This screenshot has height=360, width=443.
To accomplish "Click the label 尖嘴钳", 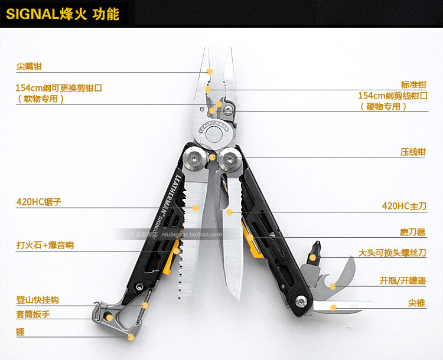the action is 29,67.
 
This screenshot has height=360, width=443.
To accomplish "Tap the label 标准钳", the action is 413,84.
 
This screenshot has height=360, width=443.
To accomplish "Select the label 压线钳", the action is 413,152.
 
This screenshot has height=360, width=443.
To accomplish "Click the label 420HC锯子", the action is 38,202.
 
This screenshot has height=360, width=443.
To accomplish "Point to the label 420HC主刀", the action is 404,207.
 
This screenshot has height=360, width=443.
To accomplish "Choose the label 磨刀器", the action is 413,232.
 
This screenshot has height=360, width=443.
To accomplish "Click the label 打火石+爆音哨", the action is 45,245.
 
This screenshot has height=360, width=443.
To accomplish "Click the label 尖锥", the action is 416,303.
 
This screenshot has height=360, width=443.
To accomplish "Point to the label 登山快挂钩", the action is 37,300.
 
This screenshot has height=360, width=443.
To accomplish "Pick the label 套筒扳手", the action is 33,315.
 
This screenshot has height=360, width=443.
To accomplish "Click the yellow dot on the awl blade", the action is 333,307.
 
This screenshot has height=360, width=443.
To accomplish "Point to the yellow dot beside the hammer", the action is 131,336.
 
